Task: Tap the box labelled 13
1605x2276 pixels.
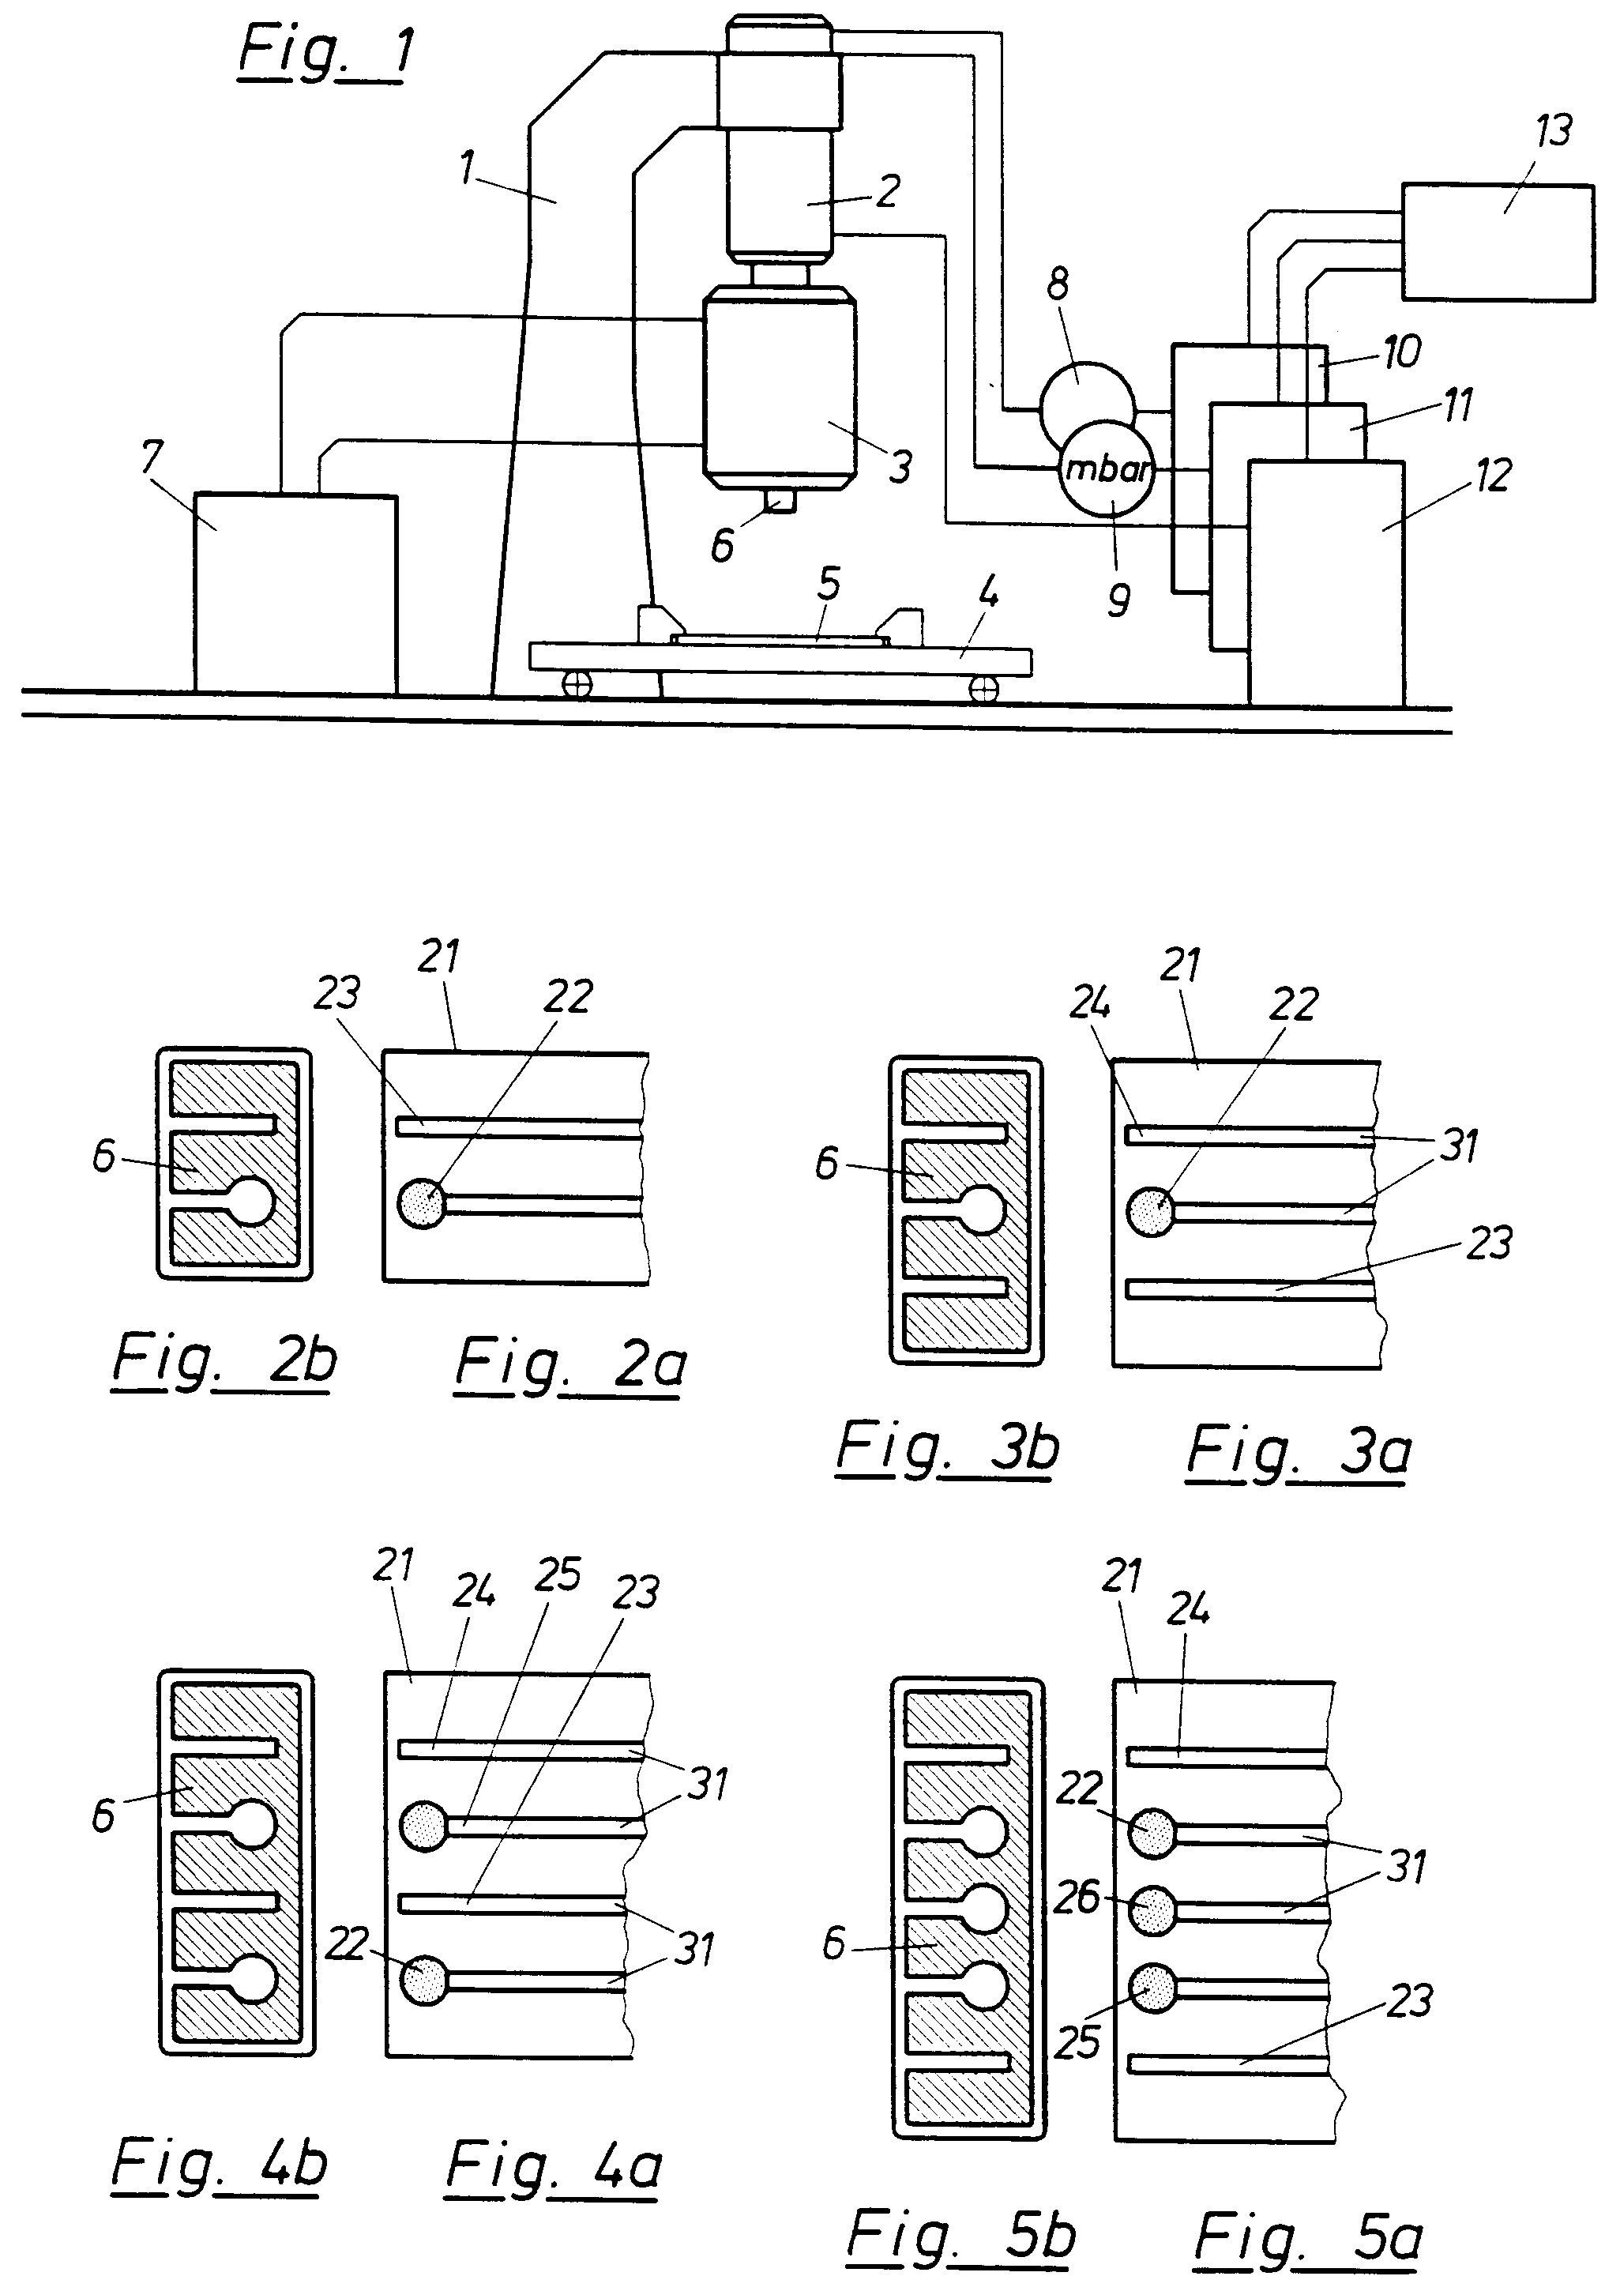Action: tap(1497, 241)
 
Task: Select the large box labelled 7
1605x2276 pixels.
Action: tap(295, 593)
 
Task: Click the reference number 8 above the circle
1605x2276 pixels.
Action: tap(1058, 284)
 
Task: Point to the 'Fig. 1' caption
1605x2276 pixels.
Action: tap(325, 55)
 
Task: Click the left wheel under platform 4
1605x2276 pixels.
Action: tap(577, 684)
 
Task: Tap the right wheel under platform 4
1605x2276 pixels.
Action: tap(983, 689)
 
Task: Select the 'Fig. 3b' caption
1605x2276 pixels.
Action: tap(947, 1450)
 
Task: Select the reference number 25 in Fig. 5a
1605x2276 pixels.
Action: tap(1077, 2042)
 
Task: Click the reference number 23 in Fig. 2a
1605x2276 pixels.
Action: tap(337, 993)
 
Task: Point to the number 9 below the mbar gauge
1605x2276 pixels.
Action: tap(1118, 600)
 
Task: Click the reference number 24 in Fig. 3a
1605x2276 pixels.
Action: tap(1089, 1003)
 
